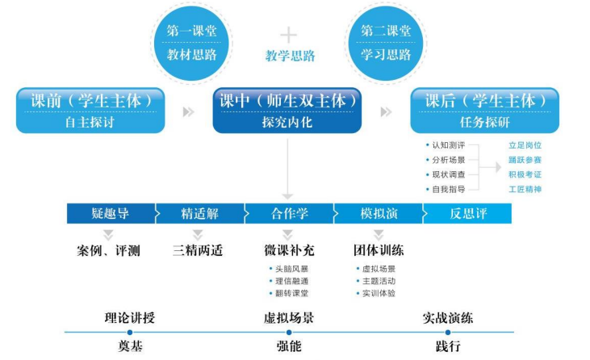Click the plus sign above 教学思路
[288, 35]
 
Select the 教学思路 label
[289, 56]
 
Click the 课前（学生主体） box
[91, 111]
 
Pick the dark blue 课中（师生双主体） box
[287, 111]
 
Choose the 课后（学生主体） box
[484, 111]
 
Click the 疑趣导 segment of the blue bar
[111, 214]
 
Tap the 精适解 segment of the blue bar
[200, 214]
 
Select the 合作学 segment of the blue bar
[288, 214]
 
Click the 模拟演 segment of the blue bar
[378, 214]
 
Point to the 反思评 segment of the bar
[467, 214]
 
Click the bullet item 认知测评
[449, 145]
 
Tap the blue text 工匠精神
[525, 189]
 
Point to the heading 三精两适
[199, 250]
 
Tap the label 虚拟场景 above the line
[289, 317]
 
